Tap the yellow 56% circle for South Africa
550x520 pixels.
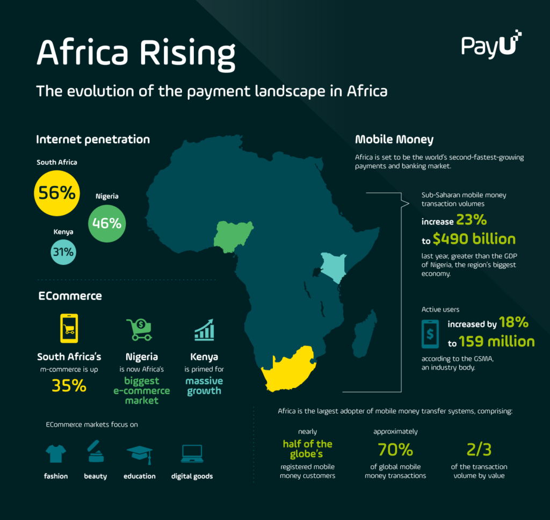[x=57, y=193]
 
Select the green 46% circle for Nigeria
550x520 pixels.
[x=107, y=222]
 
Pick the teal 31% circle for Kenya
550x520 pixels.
[x=63, y=252]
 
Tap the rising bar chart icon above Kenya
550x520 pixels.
[x=204, y=329]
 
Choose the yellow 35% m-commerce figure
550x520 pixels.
[x=69, y=385]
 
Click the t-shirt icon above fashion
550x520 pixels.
[x=55, y=454]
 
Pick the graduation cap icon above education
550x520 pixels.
[x=140, y=454]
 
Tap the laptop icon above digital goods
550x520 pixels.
[x=192, y=454]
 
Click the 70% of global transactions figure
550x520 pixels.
[x=395, y=449]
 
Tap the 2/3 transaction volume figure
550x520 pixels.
[x=480, y=449]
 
